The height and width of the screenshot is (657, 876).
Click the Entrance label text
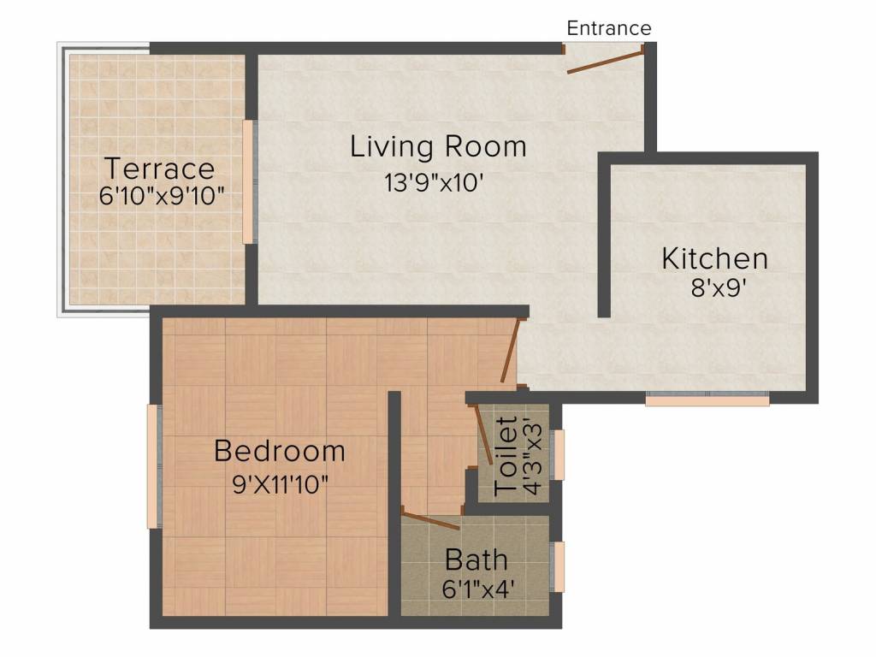[609, 28]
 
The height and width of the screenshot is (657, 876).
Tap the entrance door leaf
[605, 62]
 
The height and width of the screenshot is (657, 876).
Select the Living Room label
[438, 147]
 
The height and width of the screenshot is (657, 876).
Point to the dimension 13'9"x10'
[434, 183]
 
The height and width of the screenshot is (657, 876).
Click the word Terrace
[159, 169]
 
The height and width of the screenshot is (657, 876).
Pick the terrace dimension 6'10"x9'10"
[162, 196]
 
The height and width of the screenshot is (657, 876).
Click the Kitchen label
[714, 258]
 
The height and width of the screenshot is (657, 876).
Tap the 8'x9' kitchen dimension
[719, 288]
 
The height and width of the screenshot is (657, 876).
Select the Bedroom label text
[280, 451]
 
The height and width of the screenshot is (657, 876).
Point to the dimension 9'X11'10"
[280, 484]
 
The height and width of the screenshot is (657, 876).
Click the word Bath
[476, 559]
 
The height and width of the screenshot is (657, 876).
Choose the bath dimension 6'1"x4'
[477, 589]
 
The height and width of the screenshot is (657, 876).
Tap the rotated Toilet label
[506, 457]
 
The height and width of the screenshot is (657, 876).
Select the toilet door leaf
[484, 434]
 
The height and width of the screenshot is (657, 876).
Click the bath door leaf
[431, 520]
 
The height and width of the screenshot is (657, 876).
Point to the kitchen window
[707, 398]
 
